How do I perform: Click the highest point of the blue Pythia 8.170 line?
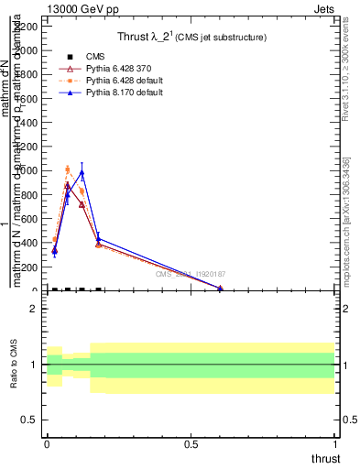[82, 172]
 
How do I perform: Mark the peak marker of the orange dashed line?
[68, 169]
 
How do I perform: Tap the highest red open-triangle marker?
[68, 185]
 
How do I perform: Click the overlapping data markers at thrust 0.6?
[220, 288]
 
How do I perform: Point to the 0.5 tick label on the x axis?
[191, 442]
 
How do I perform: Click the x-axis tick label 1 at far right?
[336, 442]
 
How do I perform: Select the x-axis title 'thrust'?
[324, 458]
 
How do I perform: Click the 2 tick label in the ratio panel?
[33, 309]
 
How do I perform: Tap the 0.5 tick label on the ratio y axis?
[28, 420]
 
